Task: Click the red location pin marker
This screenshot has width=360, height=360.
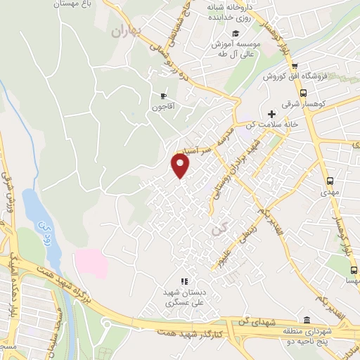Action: [x=181, y=165]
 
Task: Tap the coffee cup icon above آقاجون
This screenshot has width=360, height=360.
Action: [x=163, y=96]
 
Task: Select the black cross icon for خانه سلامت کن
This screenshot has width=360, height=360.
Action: [x=271, y=113]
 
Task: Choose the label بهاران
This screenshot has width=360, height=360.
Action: [x=127, y=31]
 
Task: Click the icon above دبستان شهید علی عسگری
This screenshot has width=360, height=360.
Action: [x=184, y=281]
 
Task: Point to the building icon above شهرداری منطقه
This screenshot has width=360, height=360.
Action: [x=307, y=319]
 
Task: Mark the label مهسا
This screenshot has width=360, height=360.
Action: [x=349, y=280]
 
